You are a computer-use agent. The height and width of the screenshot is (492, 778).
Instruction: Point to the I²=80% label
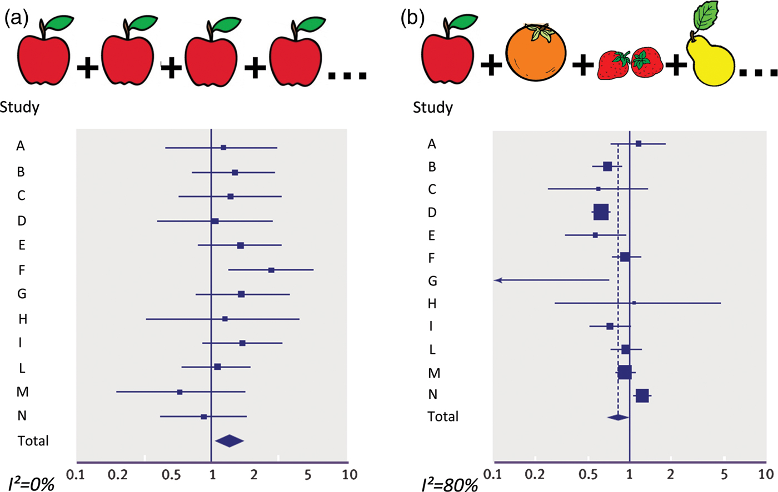449,484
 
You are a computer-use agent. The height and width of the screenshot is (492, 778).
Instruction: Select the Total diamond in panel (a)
230,441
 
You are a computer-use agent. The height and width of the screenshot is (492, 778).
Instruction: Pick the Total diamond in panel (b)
618,416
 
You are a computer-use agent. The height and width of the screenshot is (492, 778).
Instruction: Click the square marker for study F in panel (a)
271,270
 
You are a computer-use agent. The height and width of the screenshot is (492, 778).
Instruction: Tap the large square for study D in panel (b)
601,212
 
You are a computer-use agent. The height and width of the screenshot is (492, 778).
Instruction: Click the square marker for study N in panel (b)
642,395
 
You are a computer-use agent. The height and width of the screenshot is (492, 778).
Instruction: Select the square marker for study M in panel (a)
179,392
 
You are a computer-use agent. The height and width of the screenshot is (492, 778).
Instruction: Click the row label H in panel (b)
432,304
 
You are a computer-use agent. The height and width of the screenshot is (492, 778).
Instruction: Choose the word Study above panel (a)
20,107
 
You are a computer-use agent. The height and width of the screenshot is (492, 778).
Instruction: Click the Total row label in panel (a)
33,441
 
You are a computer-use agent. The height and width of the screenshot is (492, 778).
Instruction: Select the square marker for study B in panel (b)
607,167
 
